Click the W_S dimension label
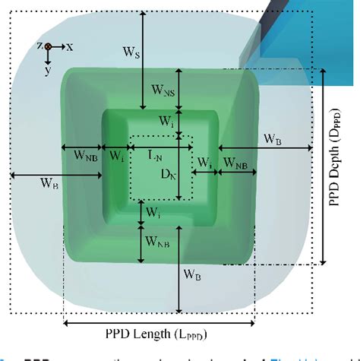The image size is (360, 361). pos(131,53)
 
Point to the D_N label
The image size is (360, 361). pos(168,174)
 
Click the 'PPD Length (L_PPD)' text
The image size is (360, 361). pos(158,335)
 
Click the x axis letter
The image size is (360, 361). pos(69,47)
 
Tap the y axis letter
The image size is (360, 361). pos(48,69)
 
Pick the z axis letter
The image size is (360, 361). pos(39,46)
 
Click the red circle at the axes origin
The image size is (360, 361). pos(49,47)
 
